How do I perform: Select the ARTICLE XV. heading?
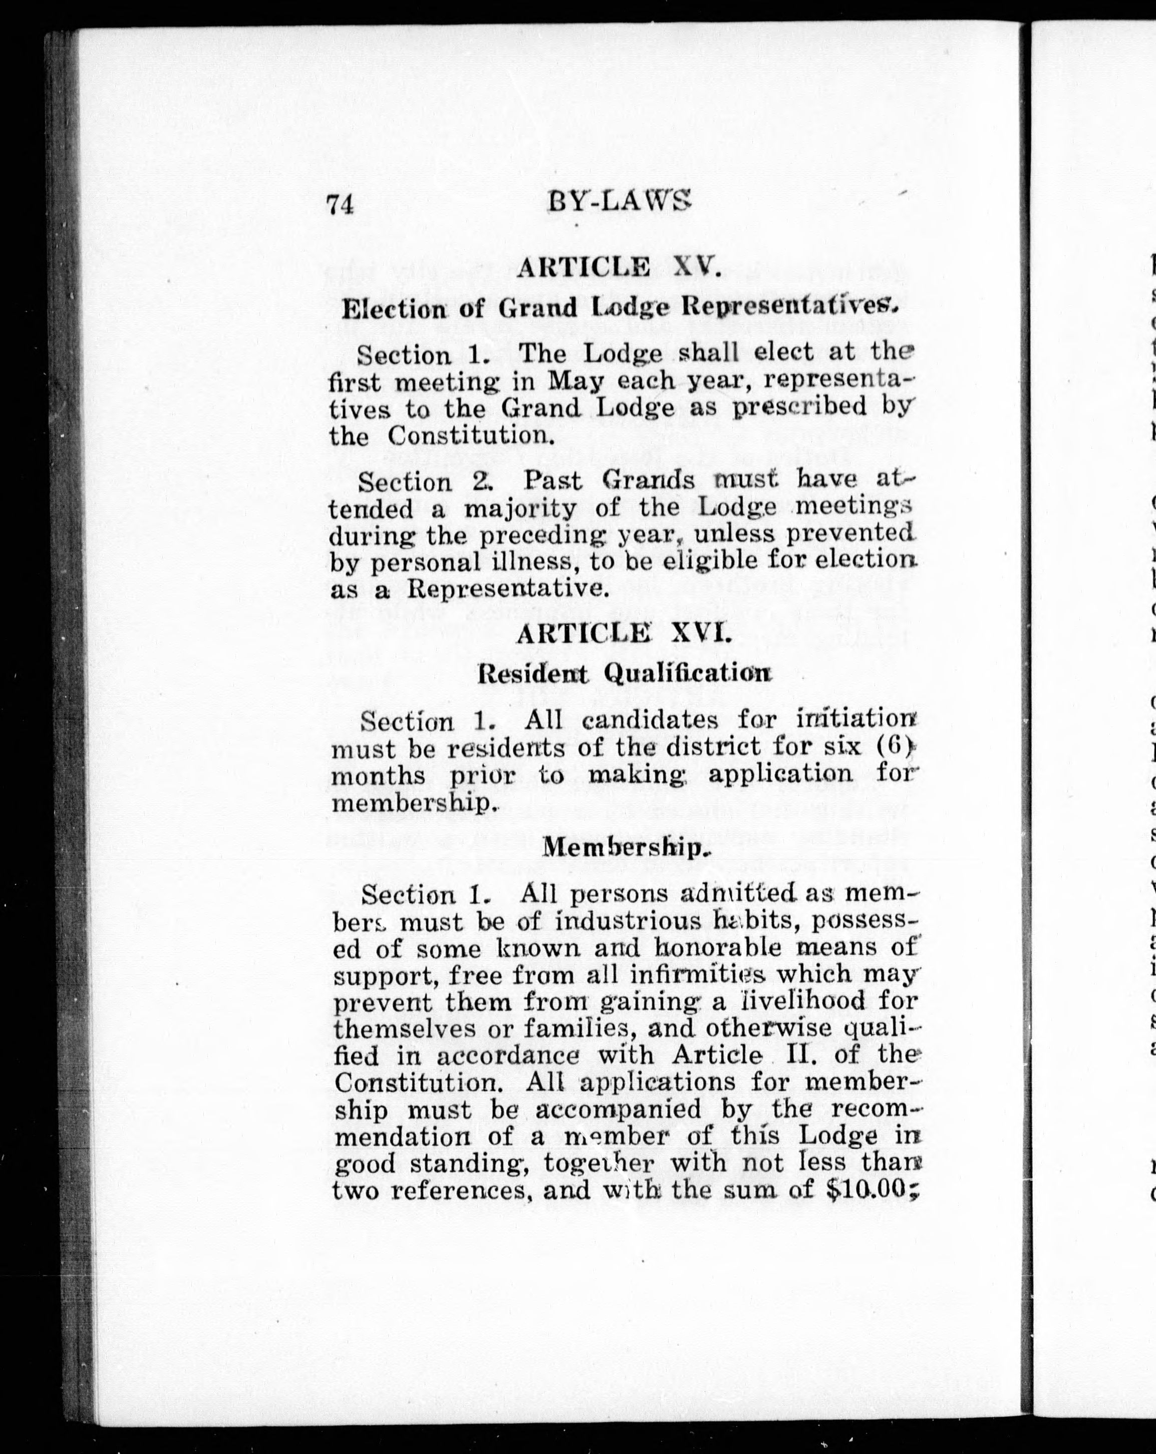(620, 268)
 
